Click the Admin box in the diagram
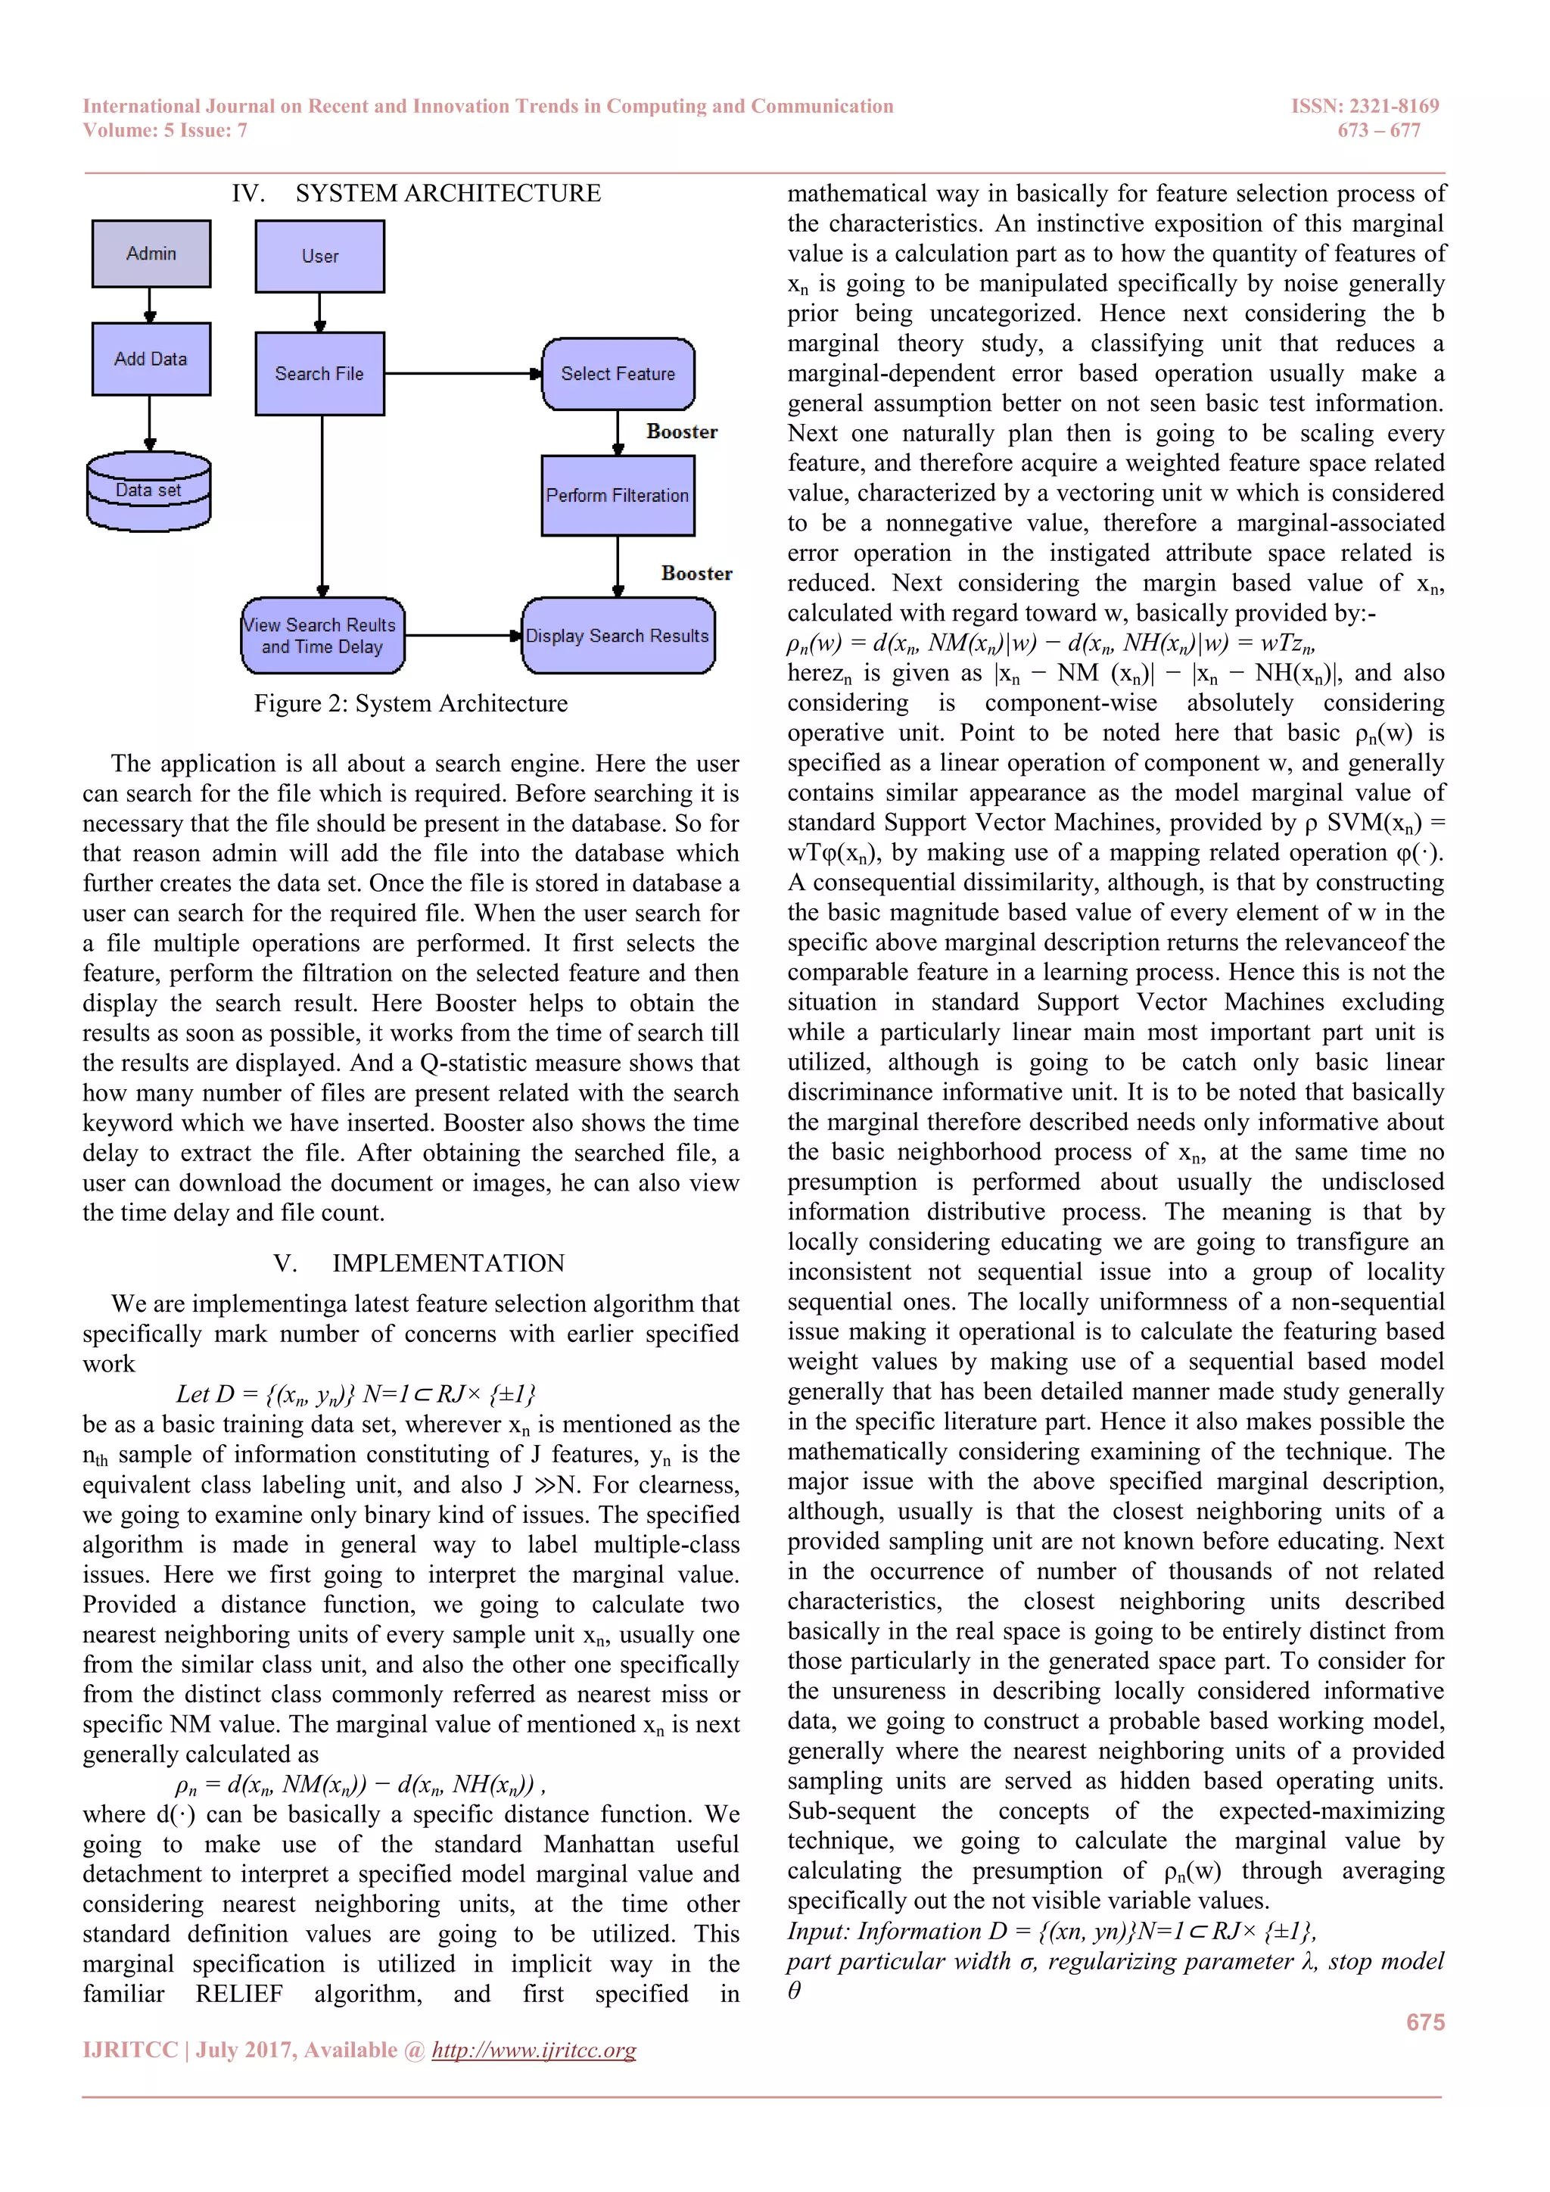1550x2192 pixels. point(151,253)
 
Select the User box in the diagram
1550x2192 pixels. point(319,256)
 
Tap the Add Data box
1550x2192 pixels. point(151,359)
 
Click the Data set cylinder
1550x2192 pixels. point(149,492)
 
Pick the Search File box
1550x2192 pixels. point(319,373)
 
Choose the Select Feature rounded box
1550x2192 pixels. point(618,373)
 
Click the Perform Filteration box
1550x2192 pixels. point(618,496)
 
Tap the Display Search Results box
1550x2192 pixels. point(618,636)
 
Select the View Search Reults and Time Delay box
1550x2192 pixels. point(322,636)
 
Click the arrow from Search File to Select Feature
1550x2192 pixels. point(463,373)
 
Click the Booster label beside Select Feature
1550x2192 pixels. point(681,431)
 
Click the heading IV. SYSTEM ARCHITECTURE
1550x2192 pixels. point(416,194)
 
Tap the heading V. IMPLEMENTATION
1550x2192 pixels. point(419,1263)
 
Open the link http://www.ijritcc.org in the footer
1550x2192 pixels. point(534,2050)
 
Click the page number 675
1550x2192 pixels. point(1425,2022)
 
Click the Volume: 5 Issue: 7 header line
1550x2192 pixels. point(165,131)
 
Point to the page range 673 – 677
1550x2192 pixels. point(1378,131)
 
